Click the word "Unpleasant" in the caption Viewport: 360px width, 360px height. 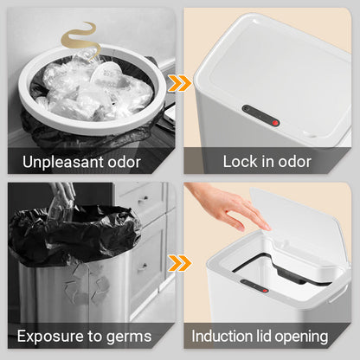pos(63,162)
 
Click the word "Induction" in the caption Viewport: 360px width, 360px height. pos(222,336)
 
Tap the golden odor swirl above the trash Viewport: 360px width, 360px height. pos(80,41)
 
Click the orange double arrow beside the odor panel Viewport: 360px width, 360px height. pos(179,84)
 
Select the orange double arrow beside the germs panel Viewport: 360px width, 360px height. pos(179,263)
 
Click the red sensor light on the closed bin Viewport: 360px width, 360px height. pos(275,123)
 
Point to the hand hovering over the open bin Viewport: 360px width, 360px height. pos(228,205)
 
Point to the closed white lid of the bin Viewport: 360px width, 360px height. pos(274,75)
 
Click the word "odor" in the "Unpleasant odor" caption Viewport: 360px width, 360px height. pos(124,162)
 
